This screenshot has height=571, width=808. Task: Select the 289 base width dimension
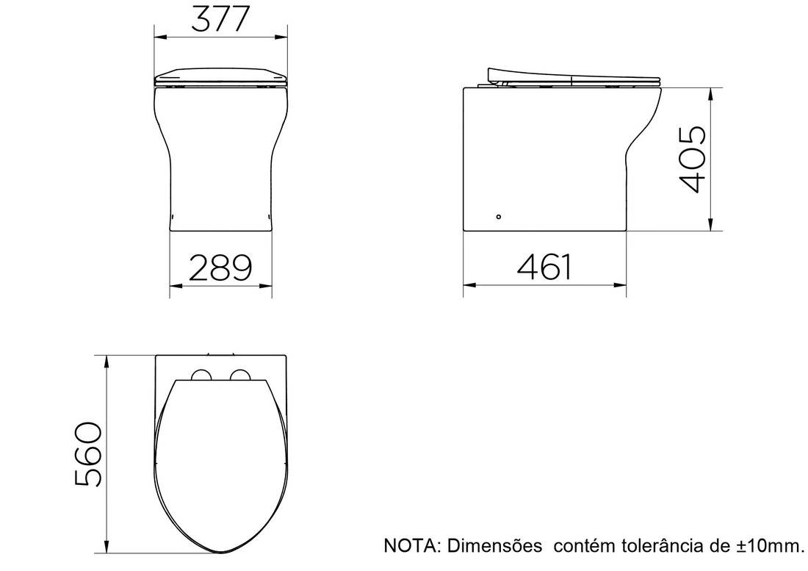click(x=220, y=268)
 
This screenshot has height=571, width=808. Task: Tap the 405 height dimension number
click(x=693, y=159)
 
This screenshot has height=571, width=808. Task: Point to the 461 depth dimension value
click(x=544, y=267)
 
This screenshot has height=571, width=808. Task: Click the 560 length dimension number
click(x=89, y=454)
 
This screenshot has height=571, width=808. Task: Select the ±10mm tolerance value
click(x=768, y=546)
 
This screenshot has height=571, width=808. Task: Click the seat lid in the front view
click(x=220, y=76)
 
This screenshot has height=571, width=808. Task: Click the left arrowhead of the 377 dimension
click(x=158, y=35)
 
